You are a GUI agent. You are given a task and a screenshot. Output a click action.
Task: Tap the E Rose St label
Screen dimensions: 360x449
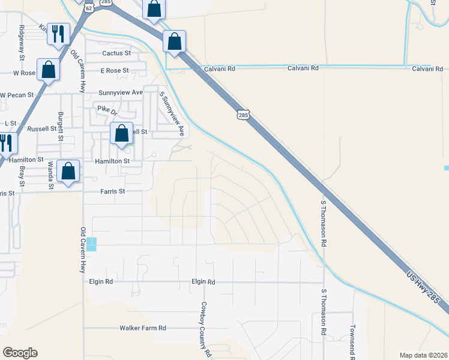tap(115, 70)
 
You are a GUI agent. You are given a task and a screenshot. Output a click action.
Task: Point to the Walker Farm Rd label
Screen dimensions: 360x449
tap(142, 328)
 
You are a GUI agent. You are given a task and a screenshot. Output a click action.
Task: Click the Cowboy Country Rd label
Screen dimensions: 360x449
tap(206, 329)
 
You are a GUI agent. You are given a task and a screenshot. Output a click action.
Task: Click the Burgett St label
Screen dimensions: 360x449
tap(61, 126)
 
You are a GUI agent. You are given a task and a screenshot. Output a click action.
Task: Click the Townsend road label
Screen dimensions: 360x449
tap(352, 342)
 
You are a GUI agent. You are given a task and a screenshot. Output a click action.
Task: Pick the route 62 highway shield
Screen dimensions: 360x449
tap(89, 8)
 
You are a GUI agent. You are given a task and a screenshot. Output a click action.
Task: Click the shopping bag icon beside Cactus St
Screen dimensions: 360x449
tap(174, 41)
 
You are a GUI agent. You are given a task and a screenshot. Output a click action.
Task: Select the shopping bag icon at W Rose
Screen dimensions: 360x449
tap(48, 70)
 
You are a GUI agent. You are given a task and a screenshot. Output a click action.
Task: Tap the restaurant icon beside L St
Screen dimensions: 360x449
tap(5, 143)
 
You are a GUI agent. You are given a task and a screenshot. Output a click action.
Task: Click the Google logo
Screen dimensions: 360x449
tap(20, 353)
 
